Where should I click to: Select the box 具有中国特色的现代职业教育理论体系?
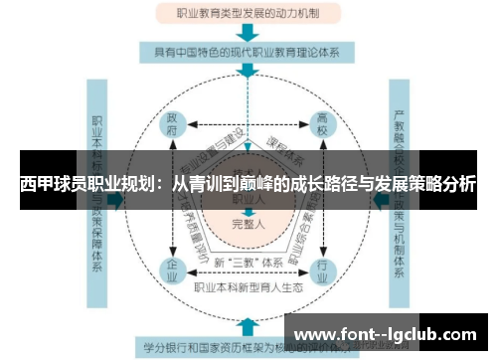point(248,51)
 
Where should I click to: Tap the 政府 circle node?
point(175,128)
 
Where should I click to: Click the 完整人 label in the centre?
point(248,224)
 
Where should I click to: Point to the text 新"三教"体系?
point(248,263)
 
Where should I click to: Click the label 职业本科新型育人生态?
point(248,288)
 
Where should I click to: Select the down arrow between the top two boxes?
point(248,33)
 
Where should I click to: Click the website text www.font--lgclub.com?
point(388,333)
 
